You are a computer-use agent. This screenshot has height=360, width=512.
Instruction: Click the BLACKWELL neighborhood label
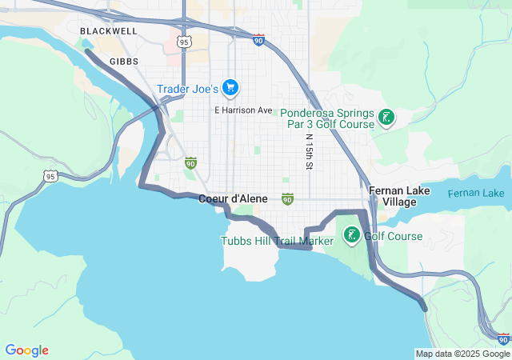(x=109, y=31)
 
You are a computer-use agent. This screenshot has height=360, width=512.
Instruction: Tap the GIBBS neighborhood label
(x=124, y=61)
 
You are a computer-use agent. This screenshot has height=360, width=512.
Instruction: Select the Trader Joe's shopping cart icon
(x=230, y=87)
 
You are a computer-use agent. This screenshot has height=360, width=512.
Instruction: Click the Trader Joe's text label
(x=187, y=89)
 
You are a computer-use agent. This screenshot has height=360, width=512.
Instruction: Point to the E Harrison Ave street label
(x=243, y=110)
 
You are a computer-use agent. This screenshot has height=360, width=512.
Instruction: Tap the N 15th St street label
(x=308, y=150)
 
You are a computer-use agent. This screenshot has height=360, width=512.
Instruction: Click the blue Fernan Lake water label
(x=475, y=194)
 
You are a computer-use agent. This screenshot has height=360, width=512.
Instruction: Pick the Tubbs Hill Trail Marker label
(x=278, y=241)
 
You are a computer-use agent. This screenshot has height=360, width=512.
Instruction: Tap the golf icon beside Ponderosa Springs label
(x=386, y=118)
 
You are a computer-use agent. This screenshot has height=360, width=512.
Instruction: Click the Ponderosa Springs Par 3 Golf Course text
(x=326, y=118)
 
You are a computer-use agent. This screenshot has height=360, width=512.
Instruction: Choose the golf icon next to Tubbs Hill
(x=351, y=235)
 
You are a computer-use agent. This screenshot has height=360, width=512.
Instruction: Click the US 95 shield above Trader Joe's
(x=185, y=41)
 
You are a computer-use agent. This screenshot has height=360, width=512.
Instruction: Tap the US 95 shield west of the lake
(x=50, y=176)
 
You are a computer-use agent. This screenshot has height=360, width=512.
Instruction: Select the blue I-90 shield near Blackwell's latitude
(x=258, y=40)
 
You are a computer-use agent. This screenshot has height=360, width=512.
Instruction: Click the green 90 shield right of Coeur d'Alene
(x=287, y=198)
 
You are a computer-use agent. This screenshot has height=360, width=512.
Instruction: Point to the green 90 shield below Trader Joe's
(x=190, y=163)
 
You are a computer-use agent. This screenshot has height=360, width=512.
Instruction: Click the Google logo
(x=26, y=350)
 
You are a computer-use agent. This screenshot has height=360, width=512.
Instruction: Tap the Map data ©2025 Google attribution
(x=462, y=354)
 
